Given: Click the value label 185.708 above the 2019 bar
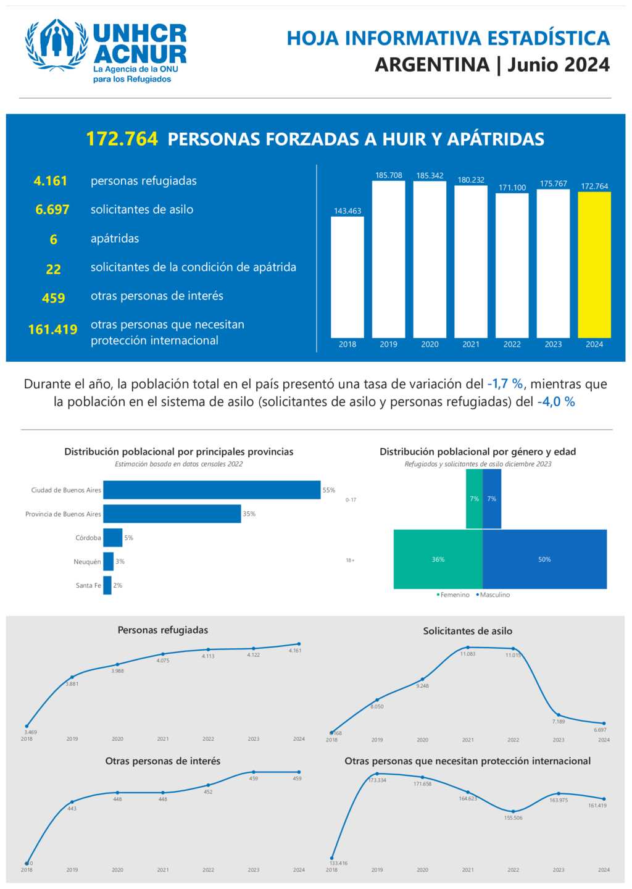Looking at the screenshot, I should (388, 175).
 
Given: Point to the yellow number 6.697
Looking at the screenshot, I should (52, 210).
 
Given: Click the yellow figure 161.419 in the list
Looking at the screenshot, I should (53, 330).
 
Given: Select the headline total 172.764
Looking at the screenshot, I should (122, 139).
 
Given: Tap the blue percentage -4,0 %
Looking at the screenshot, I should (556, 402).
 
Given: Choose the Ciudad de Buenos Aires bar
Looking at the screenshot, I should (212, 490).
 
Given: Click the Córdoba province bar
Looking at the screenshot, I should (113, 538).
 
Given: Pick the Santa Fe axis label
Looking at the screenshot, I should (88, 585).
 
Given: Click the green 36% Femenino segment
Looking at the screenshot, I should (438, 559).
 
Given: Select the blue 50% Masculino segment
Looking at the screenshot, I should (544, 559).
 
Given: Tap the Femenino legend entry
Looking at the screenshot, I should (454, 595).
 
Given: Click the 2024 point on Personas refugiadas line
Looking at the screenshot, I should (299, 644).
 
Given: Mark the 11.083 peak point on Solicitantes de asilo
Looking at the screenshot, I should (468, 648).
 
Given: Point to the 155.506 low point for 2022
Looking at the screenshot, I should (513, 811).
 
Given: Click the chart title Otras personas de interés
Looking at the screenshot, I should (163, 761).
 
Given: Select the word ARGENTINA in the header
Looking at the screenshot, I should (432, 65).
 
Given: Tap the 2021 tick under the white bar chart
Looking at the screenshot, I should (471, 344).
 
